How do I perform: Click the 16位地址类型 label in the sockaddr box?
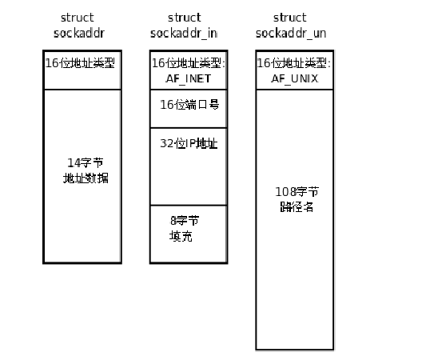(x=82, y=62)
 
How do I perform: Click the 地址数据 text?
(x=83, y=178)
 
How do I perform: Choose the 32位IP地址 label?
(x=189, y=143)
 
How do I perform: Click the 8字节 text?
(x=185, y=221)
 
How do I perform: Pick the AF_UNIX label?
(x=293, y=77)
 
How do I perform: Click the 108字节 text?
(x=295, y=192)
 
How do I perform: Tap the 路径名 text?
(x=295, y=206)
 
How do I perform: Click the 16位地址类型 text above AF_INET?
(x=189, y=62)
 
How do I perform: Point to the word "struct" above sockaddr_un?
(x=289, y=17)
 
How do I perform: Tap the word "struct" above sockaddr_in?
(x=184, y=17)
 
